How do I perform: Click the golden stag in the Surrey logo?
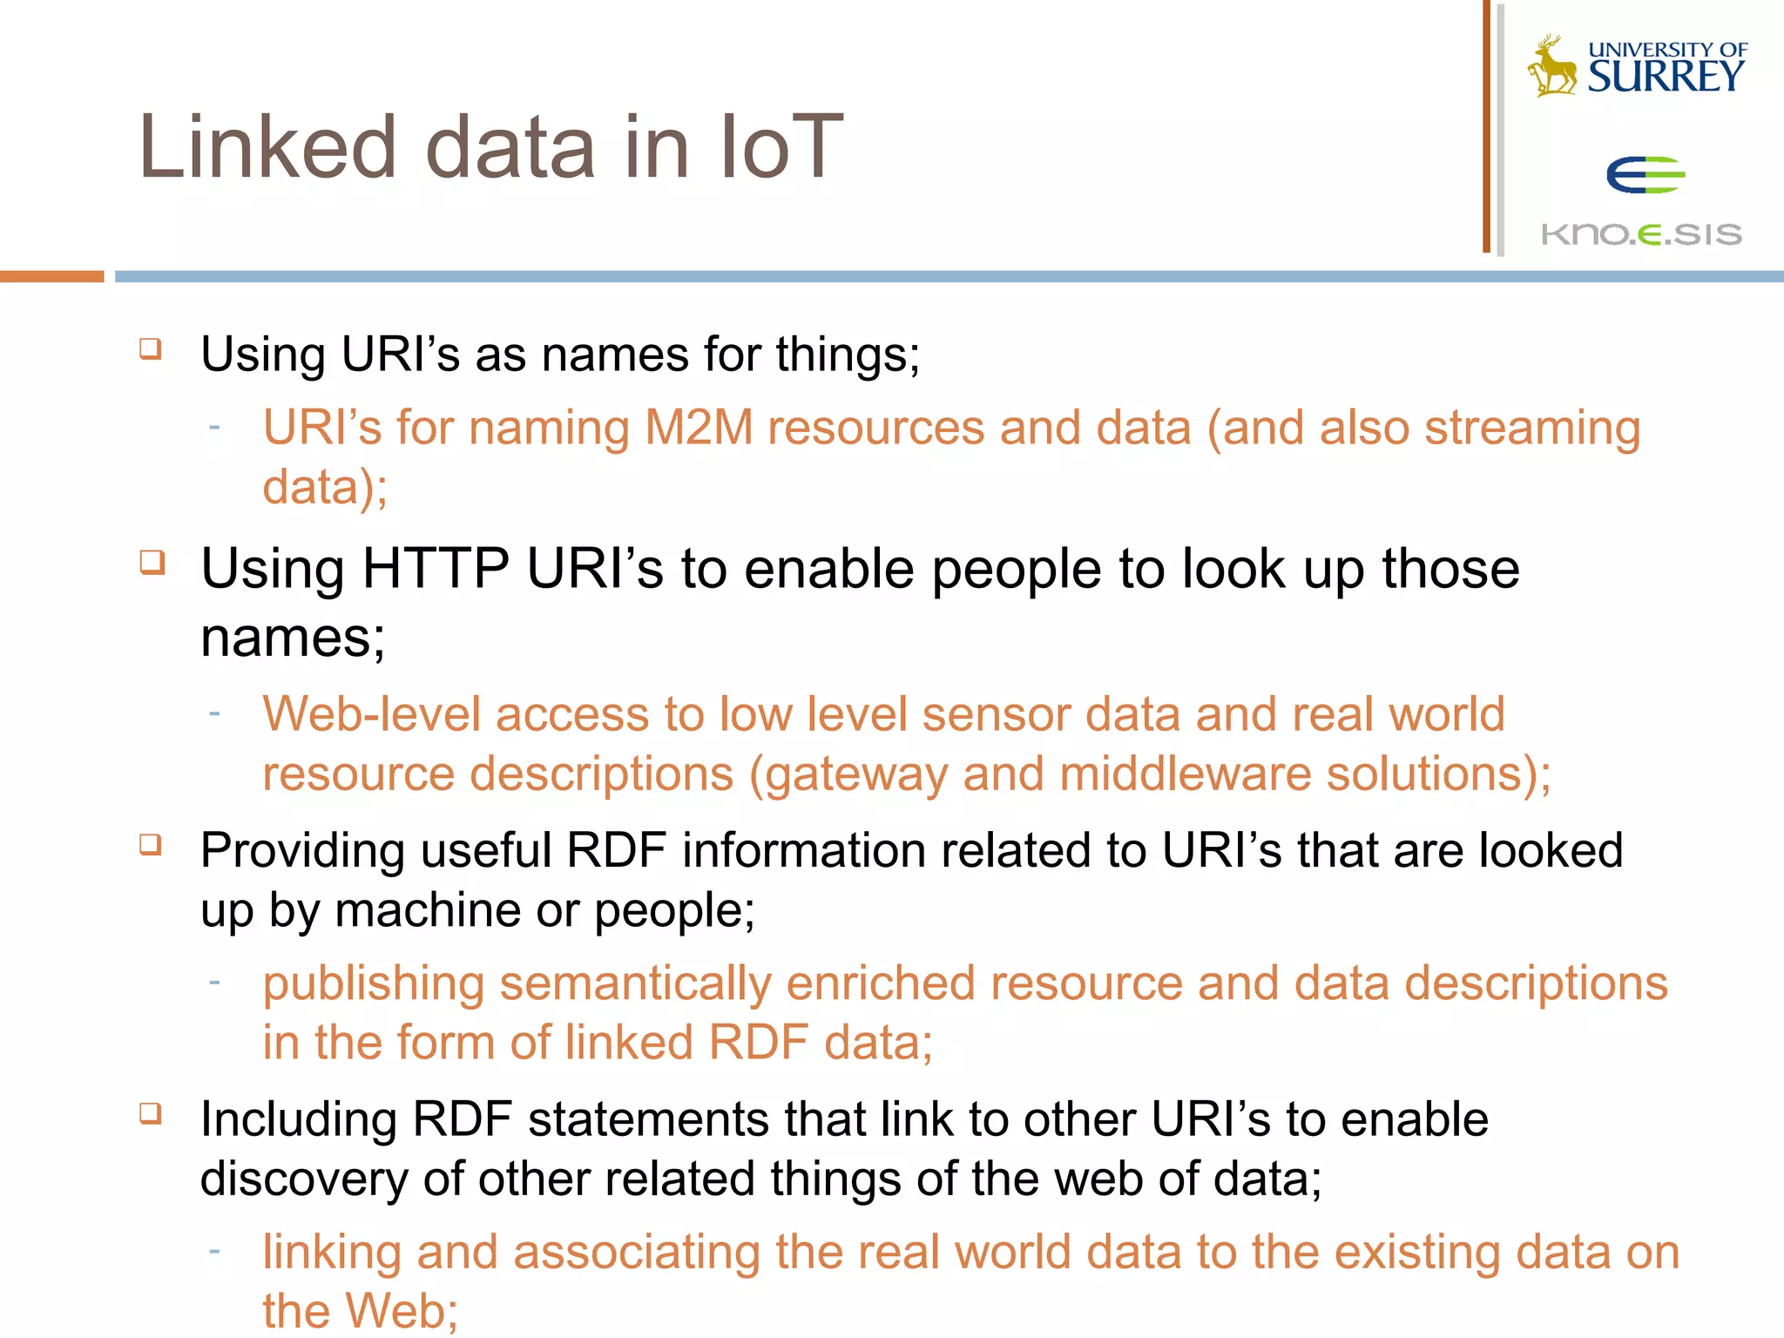(x=1553, y=66)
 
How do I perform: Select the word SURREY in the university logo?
(x=1665, y=77)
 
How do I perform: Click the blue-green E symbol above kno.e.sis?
(x=1644, y=175)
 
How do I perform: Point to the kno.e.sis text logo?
(x=1641, y=234)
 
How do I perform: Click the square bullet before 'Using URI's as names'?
(x=151, y=349)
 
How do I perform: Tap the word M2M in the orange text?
(x=699, y=429)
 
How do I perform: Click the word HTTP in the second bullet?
(x=436, y=570)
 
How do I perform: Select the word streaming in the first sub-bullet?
(x=1532, y=429)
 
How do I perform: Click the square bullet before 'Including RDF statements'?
(x=151, y=1113)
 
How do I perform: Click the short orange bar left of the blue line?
(x=51, y=276)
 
